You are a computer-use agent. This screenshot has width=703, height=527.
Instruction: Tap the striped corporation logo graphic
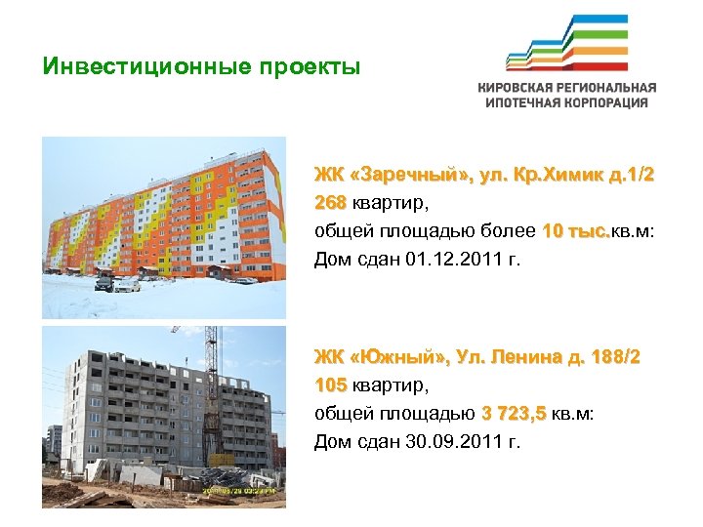pyautogui.click(x=566, y=44)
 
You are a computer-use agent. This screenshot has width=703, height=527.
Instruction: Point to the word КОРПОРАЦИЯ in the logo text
pyautogui.click(x=603, y=102)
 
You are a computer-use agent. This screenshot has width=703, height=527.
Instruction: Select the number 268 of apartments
pyautogui.click(x=330, y=204)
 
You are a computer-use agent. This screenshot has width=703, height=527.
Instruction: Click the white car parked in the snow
pyautogui.click(x=127, y=285)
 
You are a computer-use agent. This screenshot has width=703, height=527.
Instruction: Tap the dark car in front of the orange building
pyautogui.click(x=103, y=284)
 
